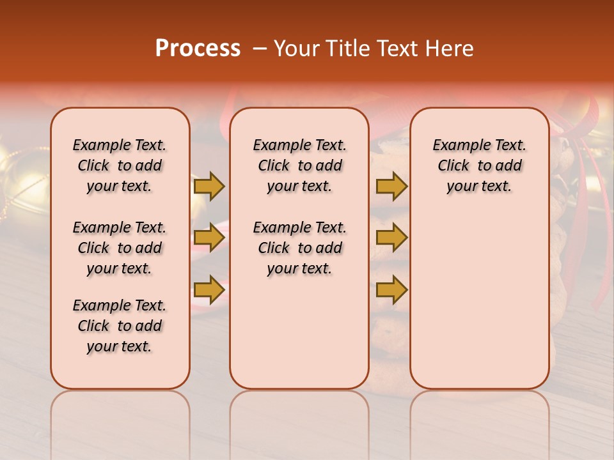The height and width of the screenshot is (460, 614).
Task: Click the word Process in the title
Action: pos(198,49)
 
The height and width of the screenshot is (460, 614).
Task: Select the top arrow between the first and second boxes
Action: pos(209,186)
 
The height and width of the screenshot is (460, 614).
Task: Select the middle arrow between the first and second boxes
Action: pos(209,238)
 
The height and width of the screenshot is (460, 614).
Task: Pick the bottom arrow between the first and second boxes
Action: pos(209,289)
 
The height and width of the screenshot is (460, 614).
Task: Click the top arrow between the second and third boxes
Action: pos(391,186)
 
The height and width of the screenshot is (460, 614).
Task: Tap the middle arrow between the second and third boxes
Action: pos(391,238)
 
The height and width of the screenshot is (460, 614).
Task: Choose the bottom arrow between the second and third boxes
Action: pos(391,289)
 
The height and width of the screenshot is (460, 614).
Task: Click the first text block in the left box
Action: pos(120,165)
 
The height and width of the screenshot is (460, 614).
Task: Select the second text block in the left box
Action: pos(120,248)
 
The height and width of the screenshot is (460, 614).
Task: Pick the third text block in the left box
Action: pos(120,326)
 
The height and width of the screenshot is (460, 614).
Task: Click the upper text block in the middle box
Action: pos(299,165)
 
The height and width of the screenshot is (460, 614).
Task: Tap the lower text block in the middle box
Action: pos(299,248)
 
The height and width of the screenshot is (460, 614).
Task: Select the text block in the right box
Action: pos(479,165)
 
